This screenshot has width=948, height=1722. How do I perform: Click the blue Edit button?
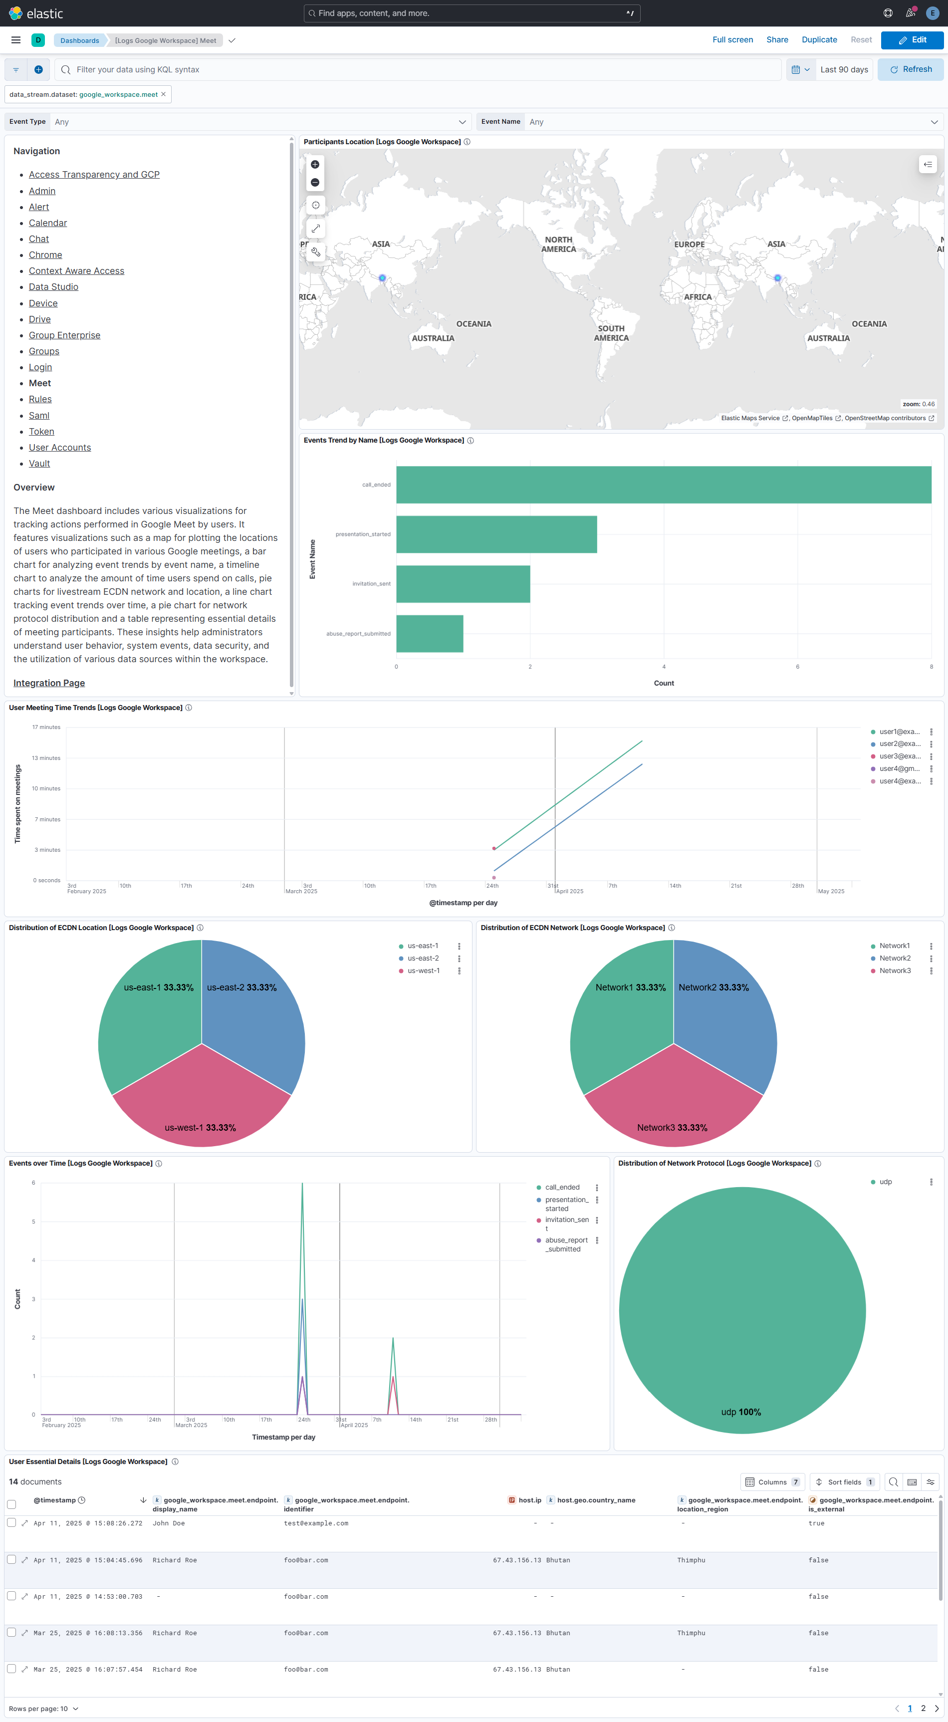click(912, 40)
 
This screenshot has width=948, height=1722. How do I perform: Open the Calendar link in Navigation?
click(47, 223)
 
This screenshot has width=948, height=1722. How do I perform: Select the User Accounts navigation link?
click(59, 448)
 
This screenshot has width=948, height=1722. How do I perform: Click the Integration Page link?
click(49, 683)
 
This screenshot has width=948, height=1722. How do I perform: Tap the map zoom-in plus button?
click(315, 165)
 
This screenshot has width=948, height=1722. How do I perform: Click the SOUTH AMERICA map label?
click(611, 333)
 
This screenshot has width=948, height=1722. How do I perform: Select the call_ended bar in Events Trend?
click(663, 485)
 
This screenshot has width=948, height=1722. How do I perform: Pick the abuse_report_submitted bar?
click(429, 634)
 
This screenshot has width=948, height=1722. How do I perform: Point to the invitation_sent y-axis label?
click(371, 584)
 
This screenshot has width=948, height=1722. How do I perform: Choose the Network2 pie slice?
click(722, 1009)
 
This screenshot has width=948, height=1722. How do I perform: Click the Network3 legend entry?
click(895, 971)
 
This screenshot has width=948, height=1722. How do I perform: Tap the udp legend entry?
click(885, 1182)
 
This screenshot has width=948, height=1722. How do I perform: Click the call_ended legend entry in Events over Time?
click(562, 1187)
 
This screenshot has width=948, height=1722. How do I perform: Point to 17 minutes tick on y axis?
click(46, 728)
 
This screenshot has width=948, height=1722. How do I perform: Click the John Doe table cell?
click(169, 1523)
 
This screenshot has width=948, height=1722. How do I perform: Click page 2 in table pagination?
click(923, 1708)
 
